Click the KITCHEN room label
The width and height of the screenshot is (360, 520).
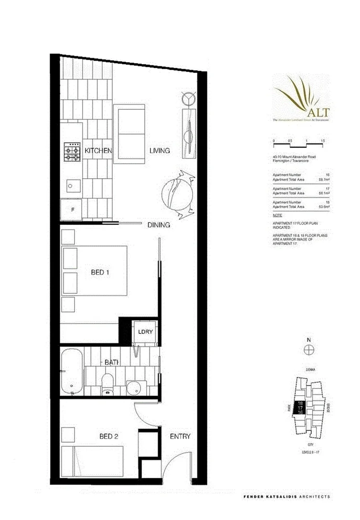click(x=98, y=151)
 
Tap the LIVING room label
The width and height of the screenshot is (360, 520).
click(x=160, y=151)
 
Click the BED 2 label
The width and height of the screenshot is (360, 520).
click(x=108, y=437)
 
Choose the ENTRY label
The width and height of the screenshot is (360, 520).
click(x=180, y=437)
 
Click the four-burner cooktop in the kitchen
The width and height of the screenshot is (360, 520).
click(x=72, y=151)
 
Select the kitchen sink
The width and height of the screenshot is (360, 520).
click(x=72, y=185)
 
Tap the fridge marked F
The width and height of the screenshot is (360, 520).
click(x=71, y=210)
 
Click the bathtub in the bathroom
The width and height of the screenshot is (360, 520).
click(x=72, y=372)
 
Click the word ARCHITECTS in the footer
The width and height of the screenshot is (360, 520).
click(x=311, y=496)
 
